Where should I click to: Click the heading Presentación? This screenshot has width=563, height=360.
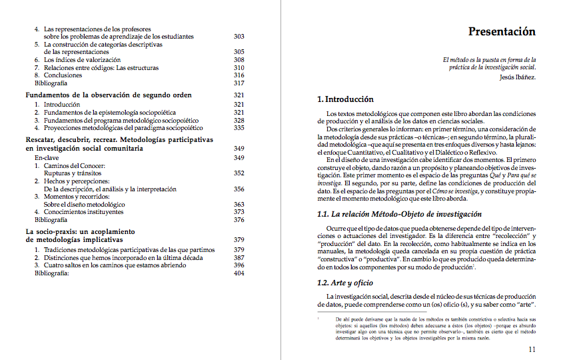click(502, 31)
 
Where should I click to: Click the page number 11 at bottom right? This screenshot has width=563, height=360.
click(532, 349)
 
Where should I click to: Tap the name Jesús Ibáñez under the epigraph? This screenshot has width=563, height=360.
click(517, 77)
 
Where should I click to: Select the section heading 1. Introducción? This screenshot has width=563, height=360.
click(345, 99)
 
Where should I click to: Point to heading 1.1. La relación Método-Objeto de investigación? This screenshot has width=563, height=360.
click(399, 214)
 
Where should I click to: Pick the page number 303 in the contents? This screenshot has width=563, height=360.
click(239, 37)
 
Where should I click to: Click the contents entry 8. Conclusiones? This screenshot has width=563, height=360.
click(63, 75)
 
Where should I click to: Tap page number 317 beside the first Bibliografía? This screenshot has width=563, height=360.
click(239, 83)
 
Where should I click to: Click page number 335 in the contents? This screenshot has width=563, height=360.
click(239, 127)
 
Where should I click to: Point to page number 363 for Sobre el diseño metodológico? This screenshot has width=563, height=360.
click(239, 205)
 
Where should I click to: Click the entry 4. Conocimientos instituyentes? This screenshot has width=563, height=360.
click(79, 212)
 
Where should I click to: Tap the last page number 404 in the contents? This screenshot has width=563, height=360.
click(239, 273)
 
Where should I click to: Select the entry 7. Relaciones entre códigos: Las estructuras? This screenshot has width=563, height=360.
click(96, 68)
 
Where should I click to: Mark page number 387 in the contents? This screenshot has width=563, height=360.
click(239, 257)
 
